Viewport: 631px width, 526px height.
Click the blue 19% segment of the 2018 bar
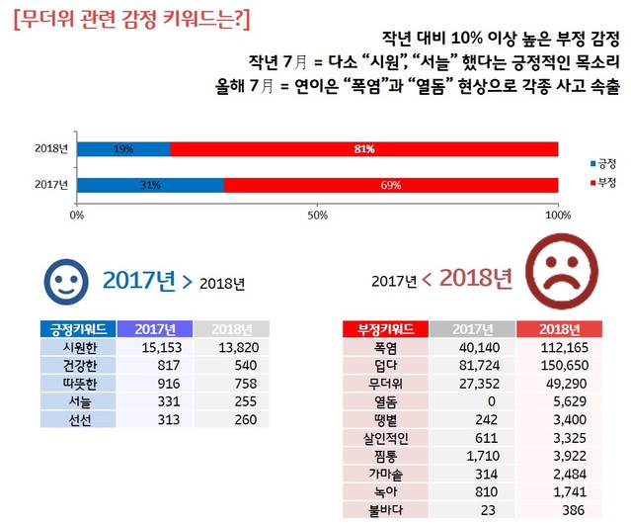pos(123,149)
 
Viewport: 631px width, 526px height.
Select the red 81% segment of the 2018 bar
pos(364,149)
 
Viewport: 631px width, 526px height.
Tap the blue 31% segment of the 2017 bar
pos(150,185)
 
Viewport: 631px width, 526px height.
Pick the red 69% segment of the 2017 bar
pos(391,185)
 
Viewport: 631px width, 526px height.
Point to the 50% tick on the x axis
pos(318,215)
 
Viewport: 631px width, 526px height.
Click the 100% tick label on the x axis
pos(558,215)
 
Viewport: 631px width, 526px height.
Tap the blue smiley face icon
pos(66,283)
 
